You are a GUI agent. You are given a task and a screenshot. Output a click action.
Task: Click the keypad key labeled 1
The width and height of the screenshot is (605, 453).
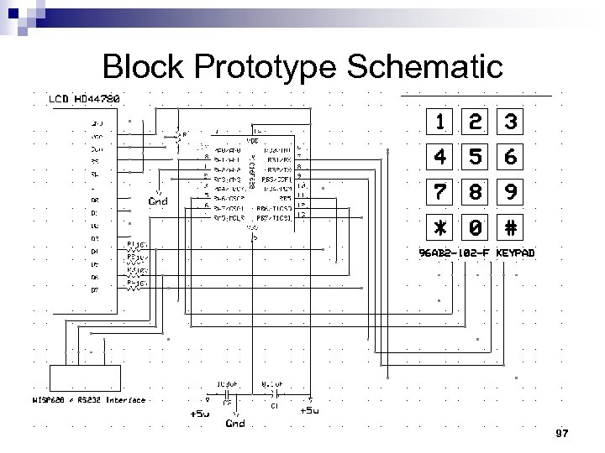[440, 122]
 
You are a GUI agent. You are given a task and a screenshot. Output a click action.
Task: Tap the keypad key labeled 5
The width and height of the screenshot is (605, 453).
[475, 158]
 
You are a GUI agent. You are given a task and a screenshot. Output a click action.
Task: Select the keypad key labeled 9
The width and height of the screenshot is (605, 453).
[510, 193]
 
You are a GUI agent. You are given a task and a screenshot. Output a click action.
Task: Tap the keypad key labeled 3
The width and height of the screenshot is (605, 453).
[510, 122]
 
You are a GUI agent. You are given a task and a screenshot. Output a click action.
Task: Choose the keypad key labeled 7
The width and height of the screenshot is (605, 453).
[440, 193]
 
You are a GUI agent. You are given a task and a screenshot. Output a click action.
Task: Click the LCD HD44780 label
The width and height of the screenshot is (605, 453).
[83, 98]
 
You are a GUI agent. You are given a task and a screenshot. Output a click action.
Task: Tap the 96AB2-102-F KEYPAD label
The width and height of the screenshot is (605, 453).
[476, 253]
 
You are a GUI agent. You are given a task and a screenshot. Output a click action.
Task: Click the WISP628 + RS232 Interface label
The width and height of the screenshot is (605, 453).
[88, 400]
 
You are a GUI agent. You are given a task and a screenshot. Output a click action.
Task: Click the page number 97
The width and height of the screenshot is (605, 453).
[562, 432]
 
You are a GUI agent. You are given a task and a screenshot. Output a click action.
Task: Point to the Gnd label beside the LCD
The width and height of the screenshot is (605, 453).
[158, 200]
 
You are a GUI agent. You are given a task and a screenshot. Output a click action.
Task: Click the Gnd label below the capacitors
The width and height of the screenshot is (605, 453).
[235, 423]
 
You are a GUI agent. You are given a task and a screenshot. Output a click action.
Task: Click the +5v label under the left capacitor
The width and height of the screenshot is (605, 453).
[199, 413]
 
